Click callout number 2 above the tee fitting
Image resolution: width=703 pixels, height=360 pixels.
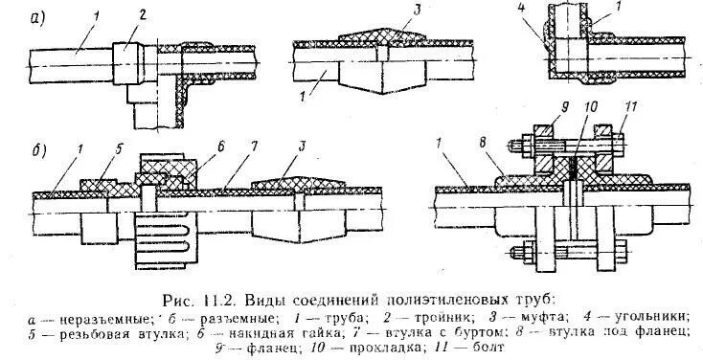(x=141, y=14)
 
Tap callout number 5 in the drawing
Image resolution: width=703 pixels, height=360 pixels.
(x=92, y=148)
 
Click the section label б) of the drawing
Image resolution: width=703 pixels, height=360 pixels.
(x=37, y=150)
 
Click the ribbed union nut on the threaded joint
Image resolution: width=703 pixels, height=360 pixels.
(x=168, y=238)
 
